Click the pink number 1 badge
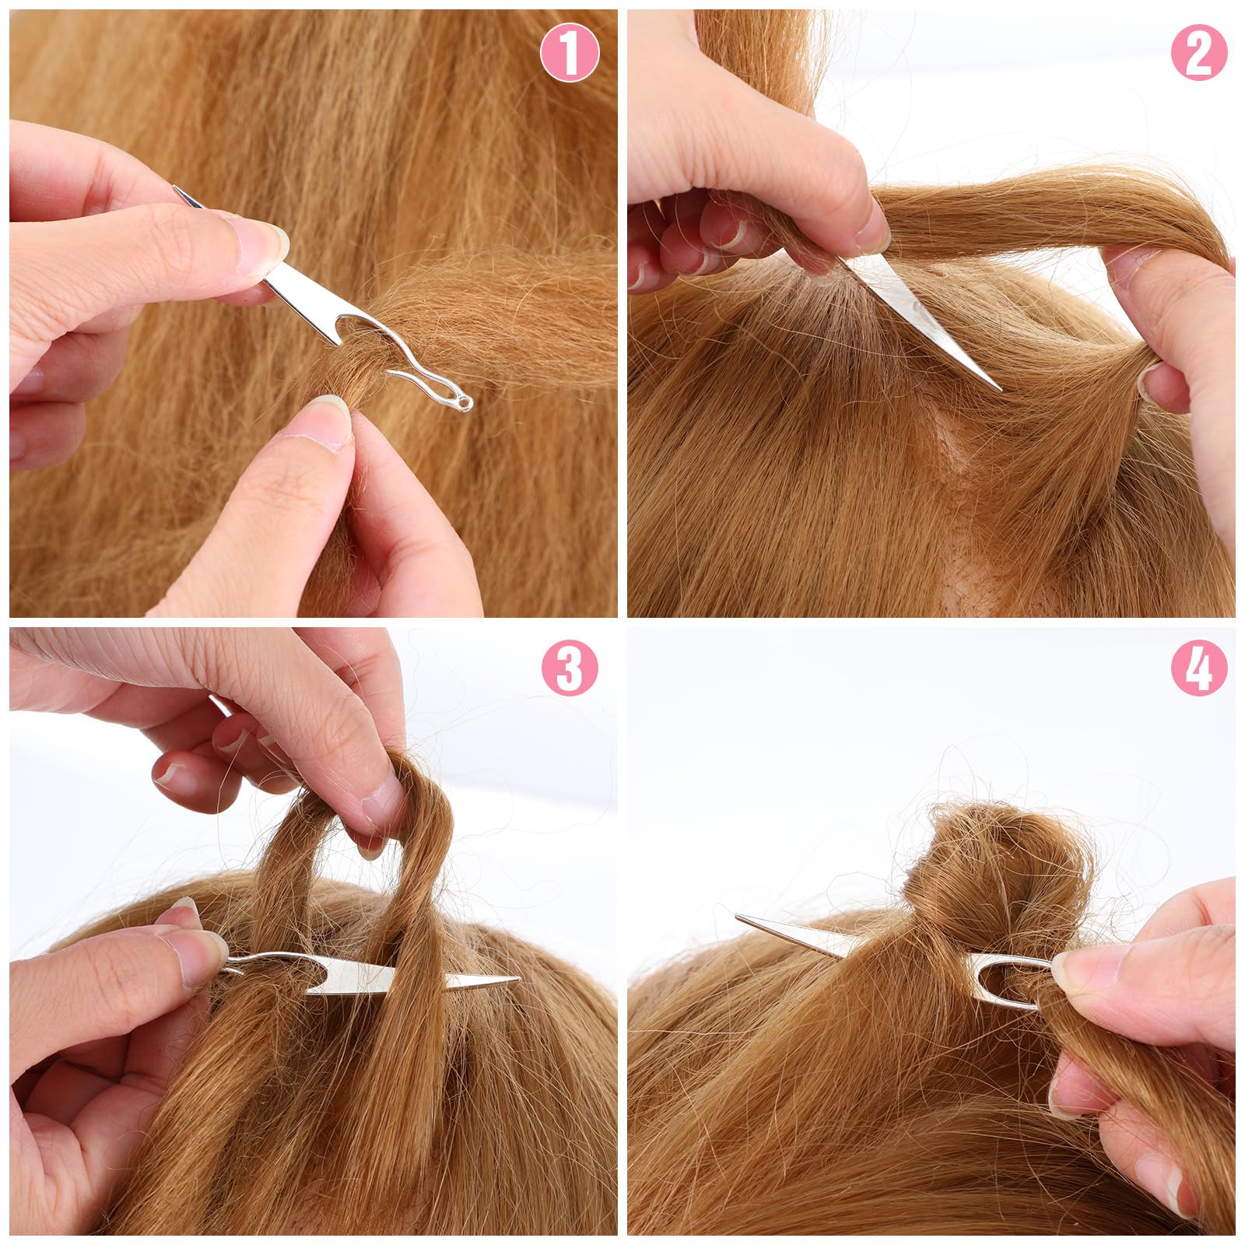coord(570,54)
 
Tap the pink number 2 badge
coord(1199,54)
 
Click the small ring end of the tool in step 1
coord(465,402)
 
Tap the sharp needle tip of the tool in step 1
coord(176,189)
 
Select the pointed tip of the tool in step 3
coord(517,978)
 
